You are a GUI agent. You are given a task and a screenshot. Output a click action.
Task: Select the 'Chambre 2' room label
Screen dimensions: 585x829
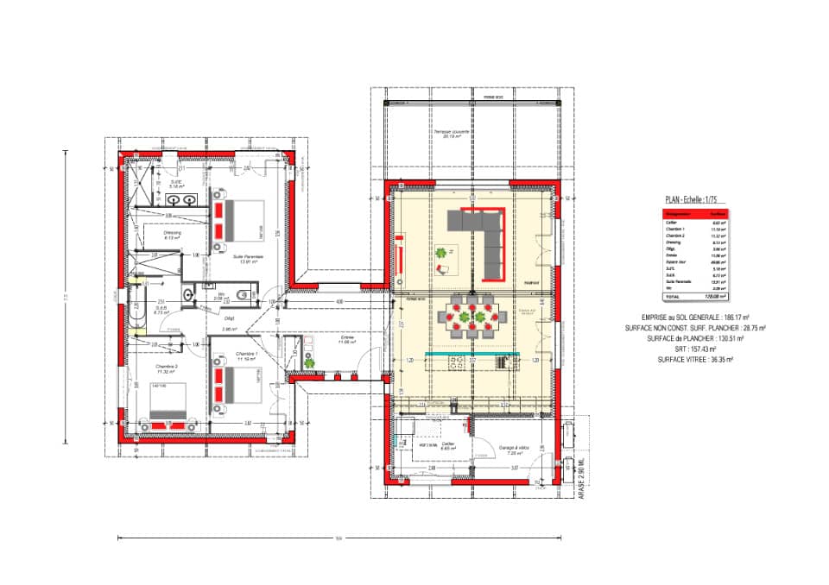[x=167, y=368]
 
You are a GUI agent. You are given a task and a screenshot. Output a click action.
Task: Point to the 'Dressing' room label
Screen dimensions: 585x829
[x=173, y=236]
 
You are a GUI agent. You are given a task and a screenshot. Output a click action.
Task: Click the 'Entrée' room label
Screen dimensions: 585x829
[x=347, y=339]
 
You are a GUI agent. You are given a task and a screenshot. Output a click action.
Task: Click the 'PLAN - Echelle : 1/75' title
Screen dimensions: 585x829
[x=692, y=198]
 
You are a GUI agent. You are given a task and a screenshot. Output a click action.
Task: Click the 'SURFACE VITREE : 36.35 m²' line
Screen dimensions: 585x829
[x=694, y=359]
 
